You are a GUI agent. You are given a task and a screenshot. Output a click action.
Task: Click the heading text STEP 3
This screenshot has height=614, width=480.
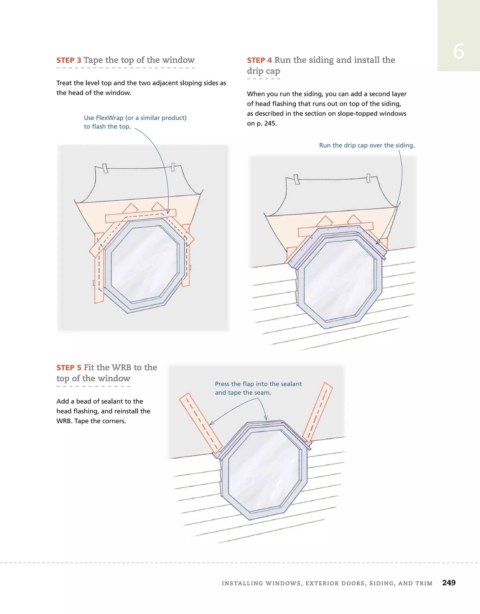click(x=69, y=60)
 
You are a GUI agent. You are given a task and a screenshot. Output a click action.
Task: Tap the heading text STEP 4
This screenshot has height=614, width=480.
click(x=259, y=60)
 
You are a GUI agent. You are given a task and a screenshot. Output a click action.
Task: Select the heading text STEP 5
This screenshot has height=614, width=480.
click(x=69, y=368)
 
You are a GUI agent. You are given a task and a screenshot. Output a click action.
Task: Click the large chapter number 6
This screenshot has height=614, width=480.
click(x=458, y=52)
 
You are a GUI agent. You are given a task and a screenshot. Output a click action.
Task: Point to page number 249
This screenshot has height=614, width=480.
click(x=449, y=583)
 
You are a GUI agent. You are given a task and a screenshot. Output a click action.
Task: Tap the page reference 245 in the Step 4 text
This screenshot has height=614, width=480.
click(x=270, y=124)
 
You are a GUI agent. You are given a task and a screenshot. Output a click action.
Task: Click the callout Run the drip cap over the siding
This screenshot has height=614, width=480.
click(x=367, y=145)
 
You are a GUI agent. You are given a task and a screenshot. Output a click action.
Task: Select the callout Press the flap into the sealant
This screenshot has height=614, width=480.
click(x=258, y=384)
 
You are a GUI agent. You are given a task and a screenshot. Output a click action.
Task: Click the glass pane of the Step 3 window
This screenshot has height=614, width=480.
click(x=145, y=264)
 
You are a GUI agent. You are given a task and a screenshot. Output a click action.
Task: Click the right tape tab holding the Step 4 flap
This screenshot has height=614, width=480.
click(x=368, y=178)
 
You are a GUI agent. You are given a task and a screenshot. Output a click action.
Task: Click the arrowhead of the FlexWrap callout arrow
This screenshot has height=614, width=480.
click(x=168, y=212)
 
